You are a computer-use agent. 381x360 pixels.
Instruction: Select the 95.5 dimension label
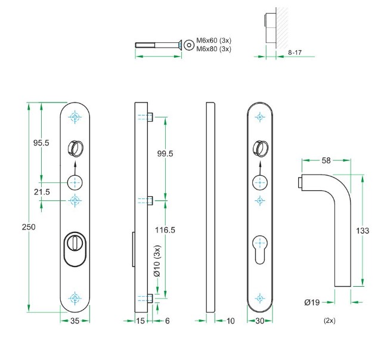41,143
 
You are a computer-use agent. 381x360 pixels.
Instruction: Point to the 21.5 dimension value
42,191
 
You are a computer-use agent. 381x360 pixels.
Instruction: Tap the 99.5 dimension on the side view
165,154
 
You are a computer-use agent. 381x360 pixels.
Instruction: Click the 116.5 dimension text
165,229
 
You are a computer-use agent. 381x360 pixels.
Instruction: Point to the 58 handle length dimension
326,160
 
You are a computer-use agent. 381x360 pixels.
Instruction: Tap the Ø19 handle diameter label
312,303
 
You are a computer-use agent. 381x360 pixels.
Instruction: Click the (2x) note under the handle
330,320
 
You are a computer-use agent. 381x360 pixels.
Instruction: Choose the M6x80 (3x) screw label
213,49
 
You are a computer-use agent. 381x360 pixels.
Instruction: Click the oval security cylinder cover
75,247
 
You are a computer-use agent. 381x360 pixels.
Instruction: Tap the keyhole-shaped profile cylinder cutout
259,246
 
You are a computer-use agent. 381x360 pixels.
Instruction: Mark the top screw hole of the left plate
75,117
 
